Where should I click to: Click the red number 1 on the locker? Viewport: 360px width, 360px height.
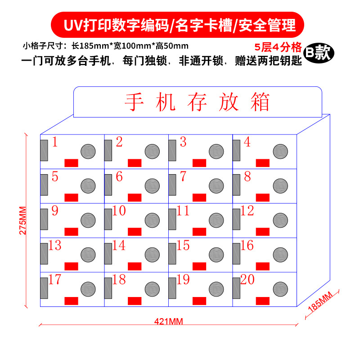coord(55,143)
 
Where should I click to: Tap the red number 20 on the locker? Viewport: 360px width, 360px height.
coord(247,280)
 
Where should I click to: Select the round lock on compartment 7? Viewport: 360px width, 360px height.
coord(216,185)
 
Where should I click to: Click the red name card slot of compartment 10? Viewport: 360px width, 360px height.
coord(135,231)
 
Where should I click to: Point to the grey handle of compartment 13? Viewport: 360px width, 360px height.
coord(44,254)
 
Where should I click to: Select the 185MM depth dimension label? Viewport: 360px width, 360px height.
coord(320,302)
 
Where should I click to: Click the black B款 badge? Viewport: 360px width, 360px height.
coord(318,52)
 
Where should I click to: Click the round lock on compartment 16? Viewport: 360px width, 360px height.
coord(280,254)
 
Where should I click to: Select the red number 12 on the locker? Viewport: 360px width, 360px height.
coord(247,211)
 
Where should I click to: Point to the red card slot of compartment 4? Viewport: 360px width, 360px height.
coord(262,163)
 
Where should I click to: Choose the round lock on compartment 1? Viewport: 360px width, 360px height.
coord(88,151)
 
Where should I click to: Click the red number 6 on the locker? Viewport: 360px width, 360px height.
coord(119,177)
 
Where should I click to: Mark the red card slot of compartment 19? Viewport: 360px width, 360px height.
coord(198,301)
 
